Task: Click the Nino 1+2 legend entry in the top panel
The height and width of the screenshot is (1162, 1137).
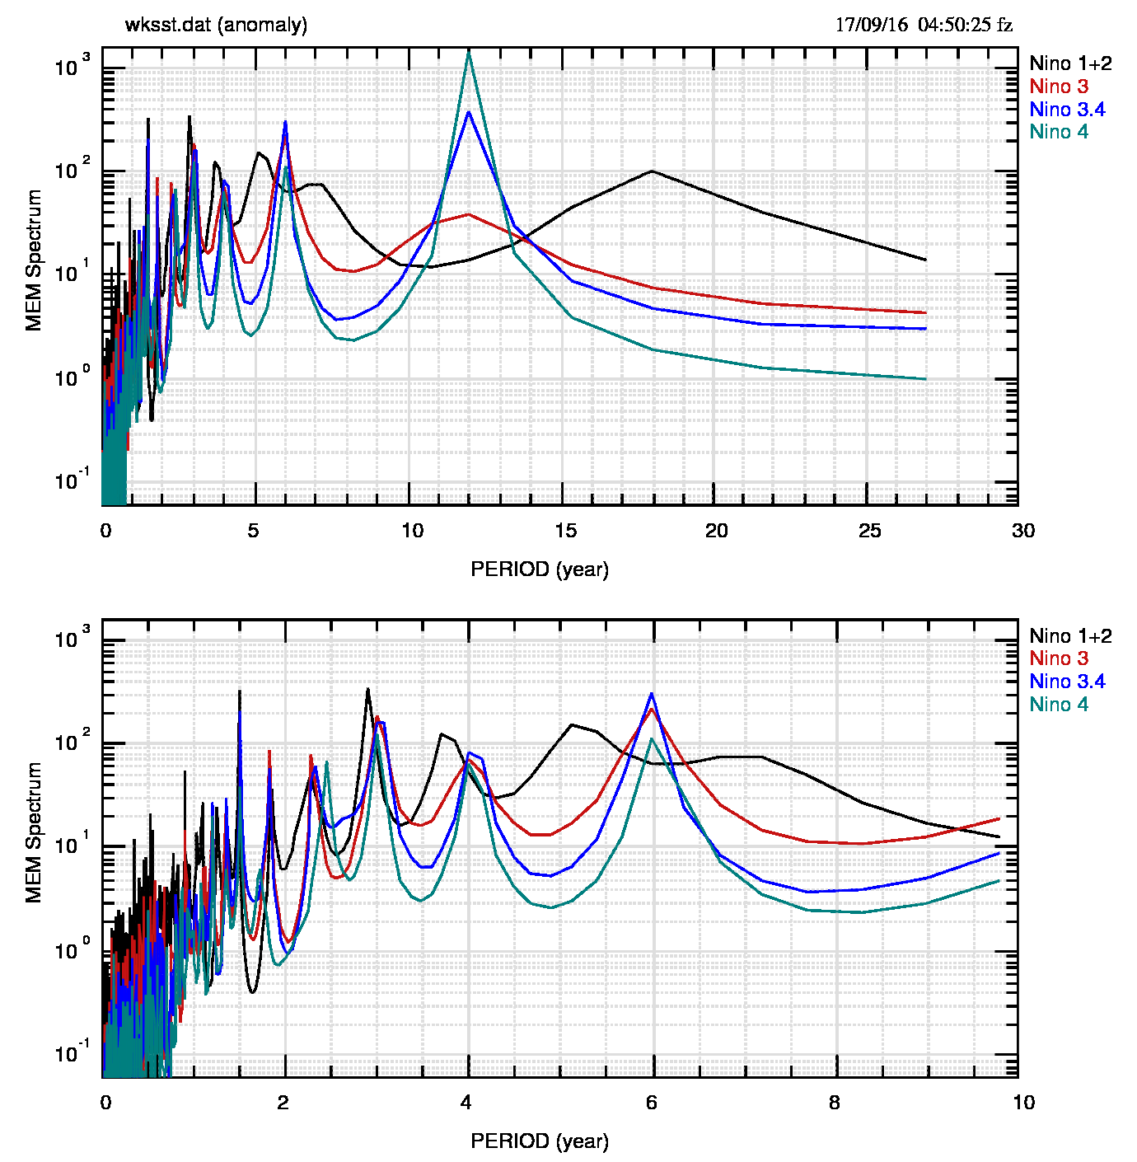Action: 1070,63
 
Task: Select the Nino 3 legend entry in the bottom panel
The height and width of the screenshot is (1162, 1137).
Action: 1059,658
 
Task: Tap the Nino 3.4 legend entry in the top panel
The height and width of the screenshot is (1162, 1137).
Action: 1067,110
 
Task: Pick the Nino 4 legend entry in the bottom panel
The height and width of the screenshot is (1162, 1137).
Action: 1059,705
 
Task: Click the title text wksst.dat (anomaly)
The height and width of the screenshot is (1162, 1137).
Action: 216,25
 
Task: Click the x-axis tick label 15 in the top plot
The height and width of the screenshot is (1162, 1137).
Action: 565,531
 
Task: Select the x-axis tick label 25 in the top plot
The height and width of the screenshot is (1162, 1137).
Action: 870,531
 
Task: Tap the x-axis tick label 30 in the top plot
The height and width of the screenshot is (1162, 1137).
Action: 1022,531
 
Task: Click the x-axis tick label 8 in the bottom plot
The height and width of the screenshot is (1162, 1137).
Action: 835,1103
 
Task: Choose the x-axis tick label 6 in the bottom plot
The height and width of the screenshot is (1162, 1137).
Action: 652,1103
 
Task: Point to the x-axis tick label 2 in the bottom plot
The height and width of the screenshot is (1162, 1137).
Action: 283,1103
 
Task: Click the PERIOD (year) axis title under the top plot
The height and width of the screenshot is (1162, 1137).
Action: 540,569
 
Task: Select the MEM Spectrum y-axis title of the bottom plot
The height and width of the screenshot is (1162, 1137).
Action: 34,832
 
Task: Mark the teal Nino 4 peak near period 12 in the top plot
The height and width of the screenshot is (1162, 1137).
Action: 469,52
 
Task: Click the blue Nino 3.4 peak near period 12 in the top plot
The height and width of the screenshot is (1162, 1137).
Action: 469,112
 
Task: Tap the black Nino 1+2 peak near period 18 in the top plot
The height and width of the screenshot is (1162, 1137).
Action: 652,171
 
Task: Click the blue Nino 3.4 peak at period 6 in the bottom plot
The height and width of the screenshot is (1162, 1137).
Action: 653,694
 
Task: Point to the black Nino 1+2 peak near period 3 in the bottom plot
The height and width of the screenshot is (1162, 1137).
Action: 367,689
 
